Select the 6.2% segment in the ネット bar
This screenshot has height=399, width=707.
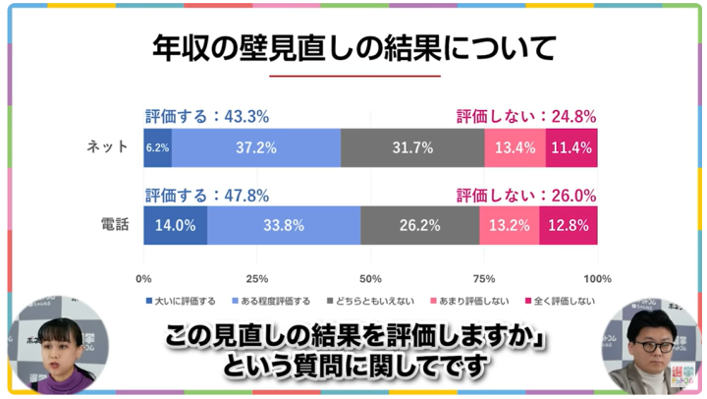coord(157,147)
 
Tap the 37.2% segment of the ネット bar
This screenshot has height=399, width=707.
coord(256,147)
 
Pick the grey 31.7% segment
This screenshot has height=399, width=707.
coord(412,147)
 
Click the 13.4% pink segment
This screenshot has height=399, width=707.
coord(515,147)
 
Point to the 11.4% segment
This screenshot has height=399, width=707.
coord(571,147)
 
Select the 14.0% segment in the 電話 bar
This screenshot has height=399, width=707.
coord(175,225)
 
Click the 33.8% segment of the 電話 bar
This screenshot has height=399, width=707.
coord(284,225)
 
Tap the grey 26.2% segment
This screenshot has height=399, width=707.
coord(419,225)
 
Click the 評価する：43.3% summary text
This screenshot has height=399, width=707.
coord(206,115)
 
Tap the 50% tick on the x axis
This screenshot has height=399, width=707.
coord(370,277)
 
